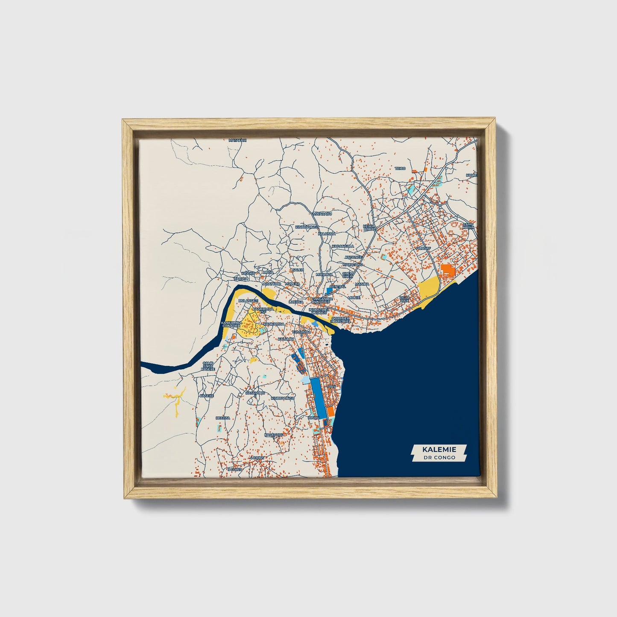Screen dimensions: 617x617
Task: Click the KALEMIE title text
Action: (x=439, y=450)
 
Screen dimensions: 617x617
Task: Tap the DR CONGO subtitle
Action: (x=439, y=457)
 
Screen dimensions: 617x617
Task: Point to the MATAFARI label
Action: (x=238, y=140)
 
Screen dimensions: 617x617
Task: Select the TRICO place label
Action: (x=400, y=169)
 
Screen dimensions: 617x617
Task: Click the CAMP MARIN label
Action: (x=468, y=225)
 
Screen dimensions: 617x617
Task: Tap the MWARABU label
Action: (x=322, y=213)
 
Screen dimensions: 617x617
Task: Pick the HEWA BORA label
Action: (x=369, y=228)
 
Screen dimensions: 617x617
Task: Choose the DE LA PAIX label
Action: (x=404, y=299)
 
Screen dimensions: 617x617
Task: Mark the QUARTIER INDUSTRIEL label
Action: (x=340, y=319)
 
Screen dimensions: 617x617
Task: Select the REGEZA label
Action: (x=223, y=418)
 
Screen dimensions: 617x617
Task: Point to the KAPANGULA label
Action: (x=343, y=246)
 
